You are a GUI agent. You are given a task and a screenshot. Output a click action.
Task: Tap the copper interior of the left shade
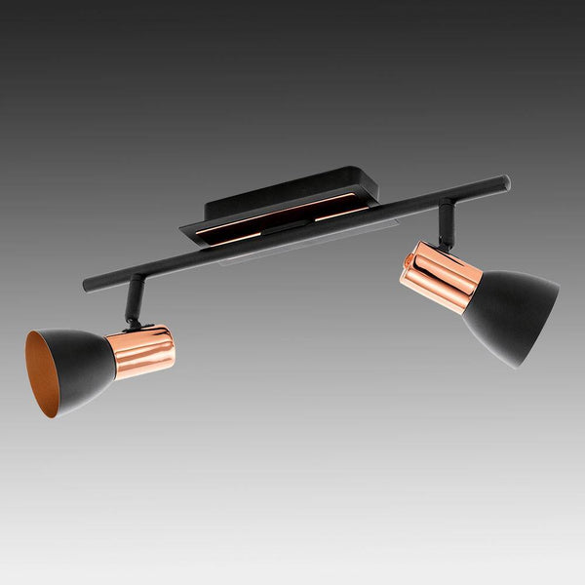coord(43,375)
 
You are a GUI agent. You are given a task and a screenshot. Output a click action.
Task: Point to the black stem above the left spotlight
coord(135,297)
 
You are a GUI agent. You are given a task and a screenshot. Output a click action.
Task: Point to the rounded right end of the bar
coord(504,181)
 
